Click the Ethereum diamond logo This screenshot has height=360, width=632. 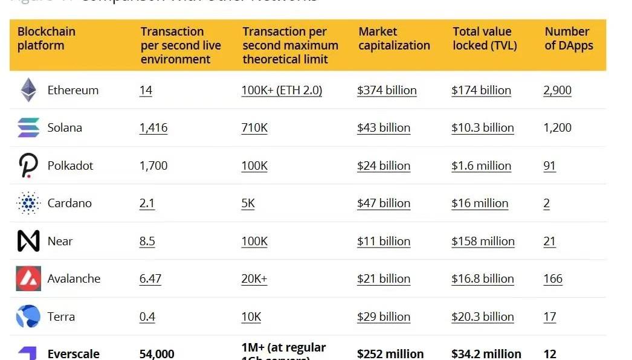28,90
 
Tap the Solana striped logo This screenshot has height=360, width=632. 28,127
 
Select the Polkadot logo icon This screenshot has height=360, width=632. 28,166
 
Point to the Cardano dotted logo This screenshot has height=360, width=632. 28,203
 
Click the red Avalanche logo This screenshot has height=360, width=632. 28,278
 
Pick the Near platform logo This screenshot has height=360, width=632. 28,241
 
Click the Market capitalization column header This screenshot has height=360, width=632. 394,39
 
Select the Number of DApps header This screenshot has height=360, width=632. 569,39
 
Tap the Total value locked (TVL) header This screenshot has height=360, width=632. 485,39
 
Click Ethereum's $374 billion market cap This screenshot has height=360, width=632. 387,91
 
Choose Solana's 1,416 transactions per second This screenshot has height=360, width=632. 153,128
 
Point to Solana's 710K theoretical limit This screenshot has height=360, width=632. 254,128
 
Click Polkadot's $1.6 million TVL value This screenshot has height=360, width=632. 481,166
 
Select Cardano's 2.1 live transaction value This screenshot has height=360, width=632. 147,204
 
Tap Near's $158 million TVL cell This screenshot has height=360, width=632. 483,242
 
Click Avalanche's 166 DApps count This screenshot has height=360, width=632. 553,279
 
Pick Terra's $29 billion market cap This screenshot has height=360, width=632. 384,317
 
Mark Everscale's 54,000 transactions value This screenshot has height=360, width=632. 156,354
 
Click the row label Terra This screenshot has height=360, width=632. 61,317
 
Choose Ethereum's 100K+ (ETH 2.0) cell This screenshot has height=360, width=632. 282,91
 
